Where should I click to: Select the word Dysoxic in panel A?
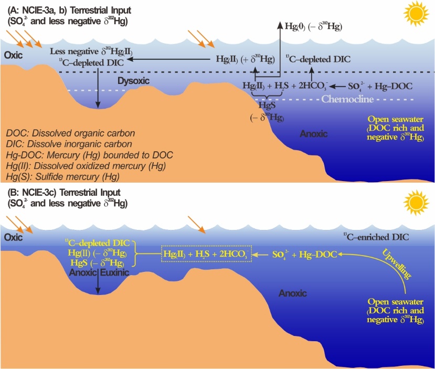(133, 81)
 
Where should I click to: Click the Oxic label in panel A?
(14, 55)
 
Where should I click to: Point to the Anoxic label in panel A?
(314, 134)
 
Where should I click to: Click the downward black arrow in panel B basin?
(98, 284)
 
